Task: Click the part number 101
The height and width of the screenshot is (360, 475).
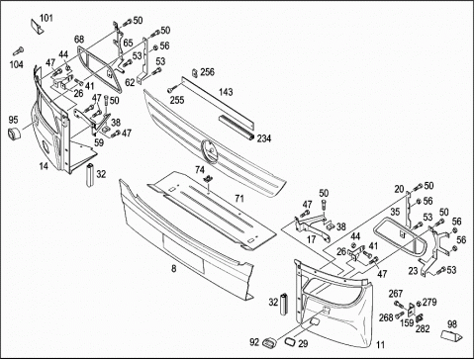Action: pos(47,18)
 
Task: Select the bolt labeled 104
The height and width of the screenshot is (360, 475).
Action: pos(18,51)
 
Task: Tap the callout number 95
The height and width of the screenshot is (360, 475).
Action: pos(13,120)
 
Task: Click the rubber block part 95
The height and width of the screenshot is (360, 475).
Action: pos(14,134)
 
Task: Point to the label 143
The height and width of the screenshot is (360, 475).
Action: pos(226,92)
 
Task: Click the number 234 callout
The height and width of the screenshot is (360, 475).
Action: pos(264,138)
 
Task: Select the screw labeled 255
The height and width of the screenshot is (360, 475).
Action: pos(172,89)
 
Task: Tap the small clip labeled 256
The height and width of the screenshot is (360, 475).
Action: pos(195,73)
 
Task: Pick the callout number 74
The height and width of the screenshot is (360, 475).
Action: pos(200,170)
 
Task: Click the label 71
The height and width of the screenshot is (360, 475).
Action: pos(239,199)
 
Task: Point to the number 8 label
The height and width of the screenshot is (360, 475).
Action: pos(173,269)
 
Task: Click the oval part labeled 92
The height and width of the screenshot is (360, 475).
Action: pos(268,343)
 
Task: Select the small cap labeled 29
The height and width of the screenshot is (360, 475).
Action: pos(290,341)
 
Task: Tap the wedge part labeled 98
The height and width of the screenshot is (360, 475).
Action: pos(452,335)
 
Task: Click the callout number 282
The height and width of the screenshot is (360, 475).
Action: pos(423,328)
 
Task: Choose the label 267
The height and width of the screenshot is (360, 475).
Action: pos(396,294)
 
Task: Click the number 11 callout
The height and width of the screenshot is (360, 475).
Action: pos(381,345)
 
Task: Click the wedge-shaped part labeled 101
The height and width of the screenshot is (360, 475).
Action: pos(37,27)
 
